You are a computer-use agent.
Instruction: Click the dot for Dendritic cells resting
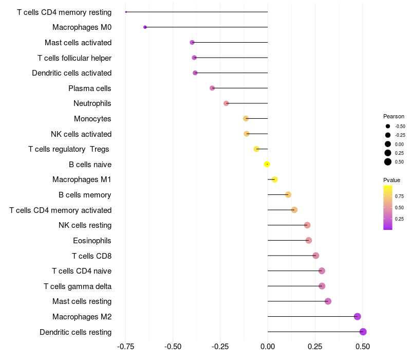[363, 332]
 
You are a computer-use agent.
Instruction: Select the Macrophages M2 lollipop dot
[358, 317]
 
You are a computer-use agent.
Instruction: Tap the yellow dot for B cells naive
[267, 165]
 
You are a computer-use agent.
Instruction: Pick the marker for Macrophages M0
[145, 27]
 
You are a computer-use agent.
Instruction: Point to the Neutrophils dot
[226, 103]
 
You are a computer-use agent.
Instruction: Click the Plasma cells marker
[212, 88]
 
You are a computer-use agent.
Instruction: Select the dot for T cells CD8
[316, 256]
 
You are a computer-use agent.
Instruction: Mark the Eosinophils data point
[309, 240]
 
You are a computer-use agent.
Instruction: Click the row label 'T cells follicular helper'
[74, 58]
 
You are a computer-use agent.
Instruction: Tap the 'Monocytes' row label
[92, 119]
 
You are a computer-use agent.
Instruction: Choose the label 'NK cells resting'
[85, 225]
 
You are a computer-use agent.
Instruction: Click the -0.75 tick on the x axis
[126, 347]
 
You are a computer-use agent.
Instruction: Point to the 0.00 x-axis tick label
[268, 347]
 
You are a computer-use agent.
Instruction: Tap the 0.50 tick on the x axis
[363, 347]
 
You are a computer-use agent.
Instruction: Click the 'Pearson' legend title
[394, 116]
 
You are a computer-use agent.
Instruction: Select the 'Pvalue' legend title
[391, 180]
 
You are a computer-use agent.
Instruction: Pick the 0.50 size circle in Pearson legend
[388, 162]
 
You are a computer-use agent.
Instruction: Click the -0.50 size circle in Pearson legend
[388, 126]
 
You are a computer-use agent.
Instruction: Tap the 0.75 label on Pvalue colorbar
[399, 196]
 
